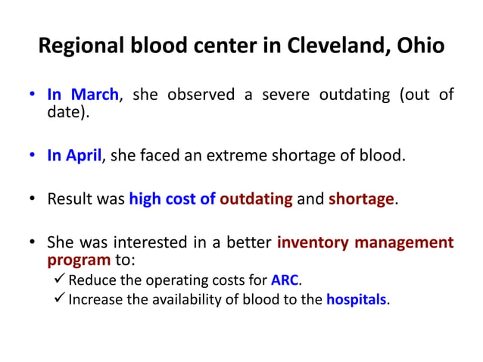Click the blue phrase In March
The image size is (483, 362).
(x=83, y=95)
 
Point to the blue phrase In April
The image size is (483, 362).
(x=74, y=157)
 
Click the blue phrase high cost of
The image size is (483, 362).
(x=172, y=200)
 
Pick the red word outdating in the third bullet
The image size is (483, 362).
(x=256, y=200)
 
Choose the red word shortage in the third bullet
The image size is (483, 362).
(x=361, y=200)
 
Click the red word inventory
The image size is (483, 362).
(x=311, y=243)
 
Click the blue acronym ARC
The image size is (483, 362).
(x=285, y=279)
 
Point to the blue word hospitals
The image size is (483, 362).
(x=356, y=299)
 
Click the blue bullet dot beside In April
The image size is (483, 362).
(x=34, y=157)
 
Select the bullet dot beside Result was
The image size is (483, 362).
(x=34, y=200)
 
